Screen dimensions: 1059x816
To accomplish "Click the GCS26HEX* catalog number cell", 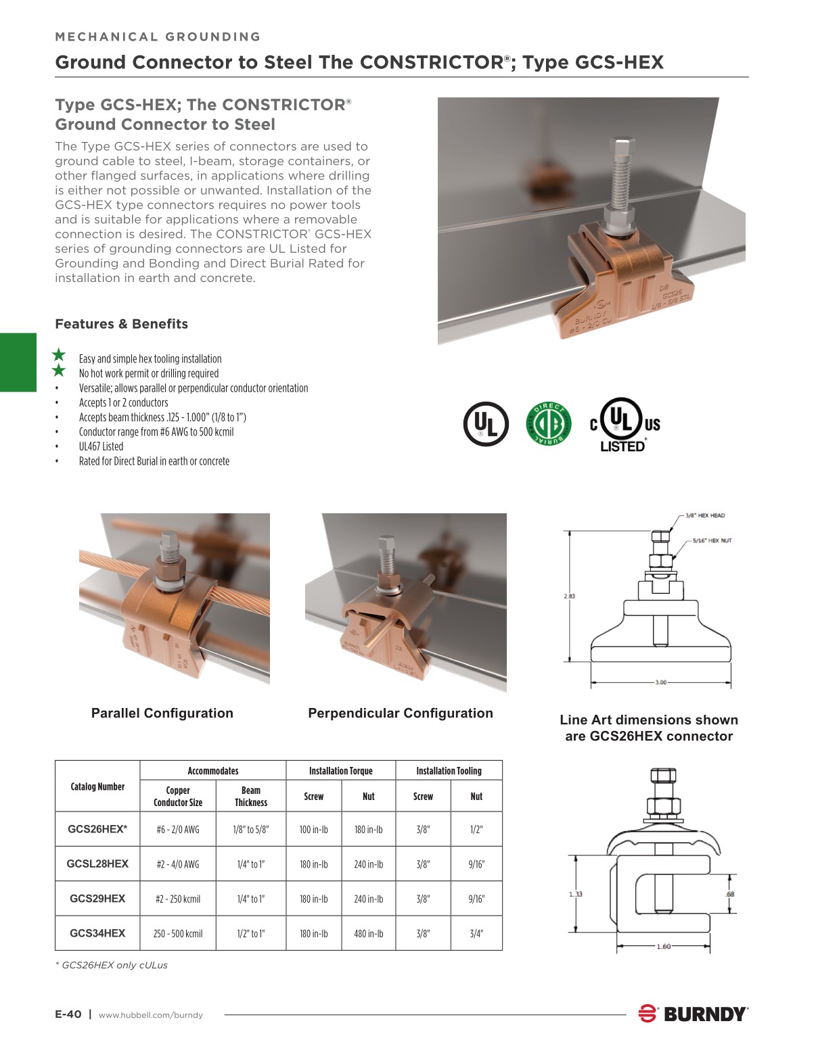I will pyautogui.click(x=97, y=829).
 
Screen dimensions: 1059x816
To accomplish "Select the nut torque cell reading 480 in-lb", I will pyautogui.click(x=368, y=934).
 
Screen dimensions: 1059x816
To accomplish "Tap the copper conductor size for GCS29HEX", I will pyautogui.click(x=178, y=899).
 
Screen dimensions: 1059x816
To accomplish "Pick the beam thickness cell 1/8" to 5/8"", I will pyautogui.click(x=250, y=830).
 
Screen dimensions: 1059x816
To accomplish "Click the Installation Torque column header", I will pyautogui.click(x=340, y=771).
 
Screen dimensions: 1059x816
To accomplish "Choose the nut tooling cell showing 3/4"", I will pyautogui.click(x=476, y=934).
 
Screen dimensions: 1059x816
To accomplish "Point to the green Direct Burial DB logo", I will pyautogui.click(x=549, y=424).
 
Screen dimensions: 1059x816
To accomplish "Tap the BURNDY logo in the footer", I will pyautogui.click(x=693, y=1014).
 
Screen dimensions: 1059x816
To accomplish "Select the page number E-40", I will pyautogui.click(x=68, y=1014).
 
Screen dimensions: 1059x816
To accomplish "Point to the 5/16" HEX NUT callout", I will pyautogui.click(x=712, y=541).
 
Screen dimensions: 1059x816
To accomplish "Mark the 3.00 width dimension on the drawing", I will pyautogui.click(x=660, y=682).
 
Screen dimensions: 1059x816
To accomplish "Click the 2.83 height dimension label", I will pyautogui.click(x=569, y=596).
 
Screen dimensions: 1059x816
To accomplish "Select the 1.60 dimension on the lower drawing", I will pyautogui.click(x=663, y=946).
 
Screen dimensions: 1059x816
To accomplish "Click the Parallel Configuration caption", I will pyautogui.click(x=162, y=713).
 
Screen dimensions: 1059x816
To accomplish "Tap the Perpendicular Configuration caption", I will pyautogui.click(x=401, y=713).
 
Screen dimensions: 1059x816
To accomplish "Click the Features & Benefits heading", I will pyautogui.click(x=122, y=324).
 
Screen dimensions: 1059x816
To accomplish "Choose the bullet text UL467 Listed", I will pyautogui.click(x=101, y=446).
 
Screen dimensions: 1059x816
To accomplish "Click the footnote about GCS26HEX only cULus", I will pyautogui.click(x=112, y=965).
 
